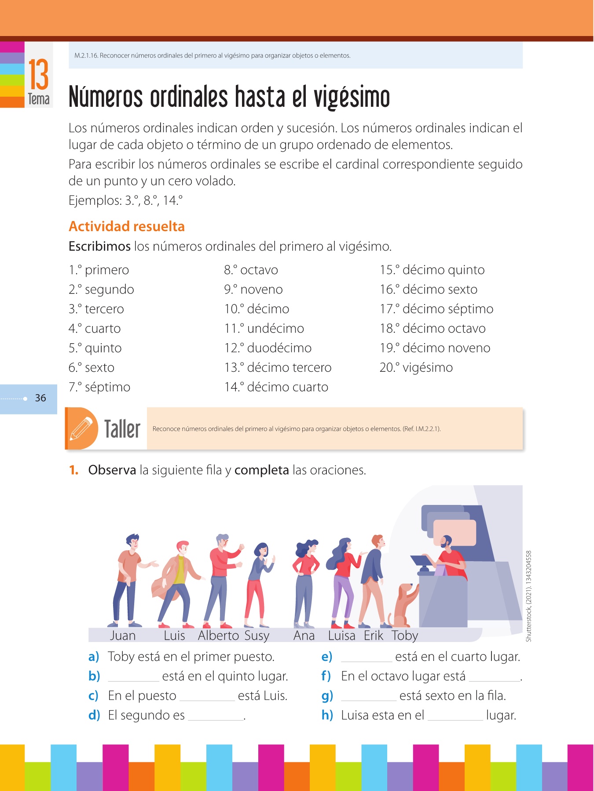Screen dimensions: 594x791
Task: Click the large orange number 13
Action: [38, 75]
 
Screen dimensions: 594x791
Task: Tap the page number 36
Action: [40, 398]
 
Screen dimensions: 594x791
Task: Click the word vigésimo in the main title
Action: [352, 98]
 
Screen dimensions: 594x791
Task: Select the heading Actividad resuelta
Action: [127, 226]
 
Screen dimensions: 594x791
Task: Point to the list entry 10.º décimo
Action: [257, 309]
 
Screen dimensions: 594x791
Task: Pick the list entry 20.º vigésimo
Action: [416, 368]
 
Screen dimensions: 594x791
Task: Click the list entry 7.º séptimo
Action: [99, 387]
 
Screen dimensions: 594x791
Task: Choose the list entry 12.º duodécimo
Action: [268, 348]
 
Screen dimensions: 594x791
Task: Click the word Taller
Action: [122, 429]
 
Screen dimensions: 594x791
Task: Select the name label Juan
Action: [123, 635]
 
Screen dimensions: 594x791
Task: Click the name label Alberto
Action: [218, 635]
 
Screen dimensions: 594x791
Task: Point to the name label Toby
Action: [405, 636]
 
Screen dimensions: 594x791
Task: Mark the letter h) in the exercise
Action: [327, 715]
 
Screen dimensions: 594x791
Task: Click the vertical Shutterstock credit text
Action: [529, 596]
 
